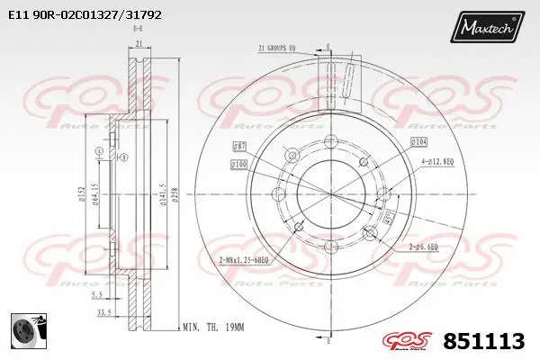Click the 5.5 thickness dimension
click(99, 294)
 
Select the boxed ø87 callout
click(239, 145)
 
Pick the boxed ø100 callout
click(238, 164)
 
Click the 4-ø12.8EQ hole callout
click(436, 161)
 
